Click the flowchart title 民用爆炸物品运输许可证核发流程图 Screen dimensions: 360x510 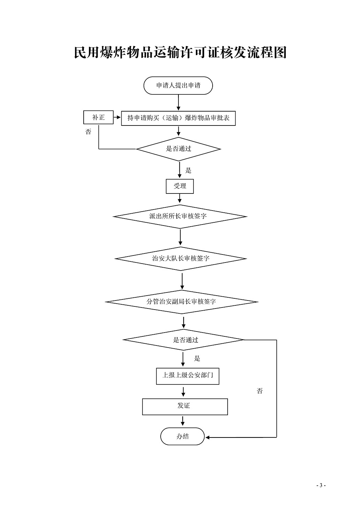(x=180, y=53)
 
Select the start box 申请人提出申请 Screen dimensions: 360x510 (x=178, y=85)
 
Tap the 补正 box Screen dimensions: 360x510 (x=98, y=117)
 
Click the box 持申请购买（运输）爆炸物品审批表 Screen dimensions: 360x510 (x=178, y=118)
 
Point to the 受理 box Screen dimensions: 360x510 (x=180, y=186)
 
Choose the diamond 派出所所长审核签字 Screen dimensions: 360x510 (x=180, y=216)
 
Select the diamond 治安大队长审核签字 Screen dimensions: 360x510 (x=181, y=259)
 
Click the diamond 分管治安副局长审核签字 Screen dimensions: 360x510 (x=182, y=302)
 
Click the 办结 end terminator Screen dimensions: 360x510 (x=183, y=436)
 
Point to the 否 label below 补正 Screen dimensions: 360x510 (x=88, y=131)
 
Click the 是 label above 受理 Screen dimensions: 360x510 (x=188, y=170)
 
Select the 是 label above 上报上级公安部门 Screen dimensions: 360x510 (x=197, y=358)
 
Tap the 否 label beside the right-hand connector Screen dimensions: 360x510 (x=260, y=391)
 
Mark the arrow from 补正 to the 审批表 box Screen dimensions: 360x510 (x=117, y=117)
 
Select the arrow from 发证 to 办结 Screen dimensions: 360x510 (x=182, y=421)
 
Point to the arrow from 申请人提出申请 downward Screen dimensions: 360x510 (x=178, y=102)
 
